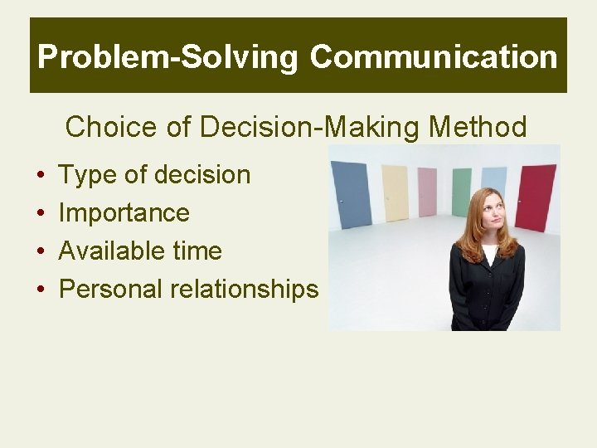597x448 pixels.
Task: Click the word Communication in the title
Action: coord(434,56)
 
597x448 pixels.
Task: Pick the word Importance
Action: coord(124,213)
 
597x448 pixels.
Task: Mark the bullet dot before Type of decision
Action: coord(40,176)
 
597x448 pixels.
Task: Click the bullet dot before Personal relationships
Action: coord(40,290)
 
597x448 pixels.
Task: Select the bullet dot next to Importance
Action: coord(40,214)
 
